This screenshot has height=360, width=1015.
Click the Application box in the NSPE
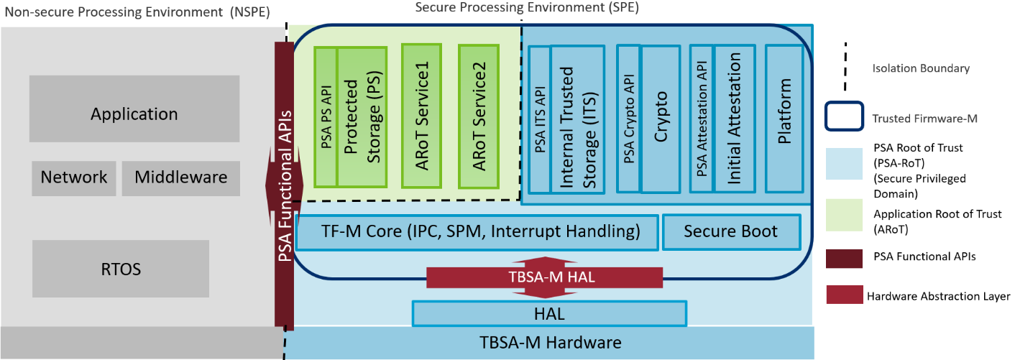click(134, 114)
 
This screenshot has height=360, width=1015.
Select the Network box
click(73, 177)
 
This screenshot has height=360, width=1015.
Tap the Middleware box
click(180, 177)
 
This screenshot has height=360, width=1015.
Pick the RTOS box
click(121, 269)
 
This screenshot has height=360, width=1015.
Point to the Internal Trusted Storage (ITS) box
click(577, 119)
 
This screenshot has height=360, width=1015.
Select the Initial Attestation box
click(734, 119)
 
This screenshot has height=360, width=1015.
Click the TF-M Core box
click(477, 232)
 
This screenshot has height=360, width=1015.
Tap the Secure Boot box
click(730, 232)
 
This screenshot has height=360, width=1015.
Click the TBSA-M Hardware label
click(550, 343)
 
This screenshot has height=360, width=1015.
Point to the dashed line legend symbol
click(844, 69)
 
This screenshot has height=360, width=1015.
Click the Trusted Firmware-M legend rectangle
click(844, 116)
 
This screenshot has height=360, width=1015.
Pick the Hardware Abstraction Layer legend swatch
click(844, 295)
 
